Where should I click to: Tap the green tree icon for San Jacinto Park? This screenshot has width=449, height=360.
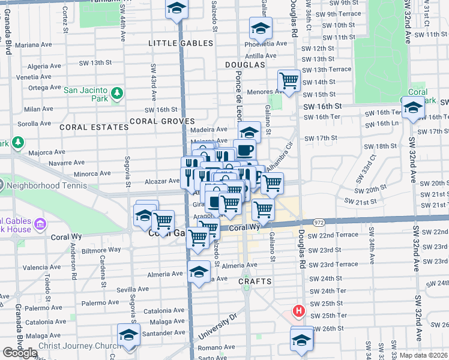click(x=117, y=93)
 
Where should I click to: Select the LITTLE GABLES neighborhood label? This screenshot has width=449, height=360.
click(x=181, y=43)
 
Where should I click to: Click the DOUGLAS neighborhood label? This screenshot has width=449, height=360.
click(x=245, y=64)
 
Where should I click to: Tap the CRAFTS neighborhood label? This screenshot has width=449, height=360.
click(x=255, y=281)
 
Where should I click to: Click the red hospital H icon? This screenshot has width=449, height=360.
click(x=297, y=311)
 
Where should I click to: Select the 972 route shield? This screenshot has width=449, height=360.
click(x=319, y=222)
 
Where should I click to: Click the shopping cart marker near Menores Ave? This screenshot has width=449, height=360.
click(x=289, y=80)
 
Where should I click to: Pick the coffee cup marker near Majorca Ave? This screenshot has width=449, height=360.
click(x=244, y=150)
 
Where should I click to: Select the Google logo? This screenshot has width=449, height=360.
click(x=19, y=353)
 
